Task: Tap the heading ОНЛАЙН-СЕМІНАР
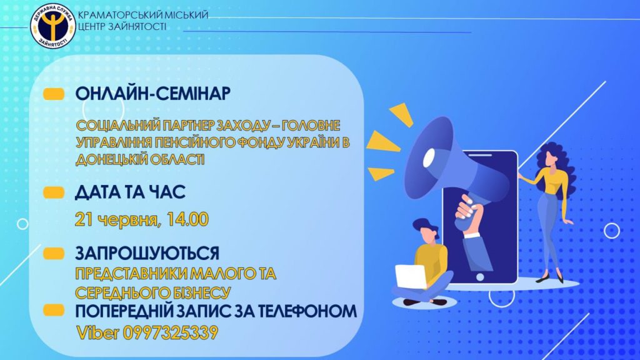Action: point(152,94)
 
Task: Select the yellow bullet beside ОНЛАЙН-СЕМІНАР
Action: point(54,94)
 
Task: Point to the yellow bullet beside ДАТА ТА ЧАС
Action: point(54,192)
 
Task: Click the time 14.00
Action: point(187,219)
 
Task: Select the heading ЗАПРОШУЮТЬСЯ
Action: point(147,253)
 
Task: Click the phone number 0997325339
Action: point(170,332)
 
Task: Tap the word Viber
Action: point(97,332)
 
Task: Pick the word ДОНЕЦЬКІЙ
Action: point(111,159)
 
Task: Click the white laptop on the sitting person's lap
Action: point(411,276)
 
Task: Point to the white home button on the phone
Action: point(481,277)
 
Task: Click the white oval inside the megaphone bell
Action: point(430,158)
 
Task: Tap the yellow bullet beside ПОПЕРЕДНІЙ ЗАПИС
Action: point(54,310)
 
